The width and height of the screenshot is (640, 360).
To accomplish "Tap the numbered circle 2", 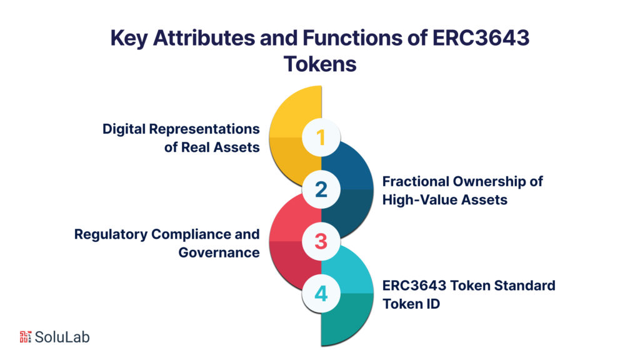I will click(x=321, y=189).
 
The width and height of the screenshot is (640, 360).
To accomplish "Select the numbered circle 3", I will click(x=321, y=241).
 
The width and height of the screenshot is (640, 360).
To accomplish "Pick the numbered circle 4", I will click(x=321, y=293).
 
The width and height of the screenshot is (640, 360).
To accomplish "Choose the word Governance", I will click(x=219, y=252).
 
